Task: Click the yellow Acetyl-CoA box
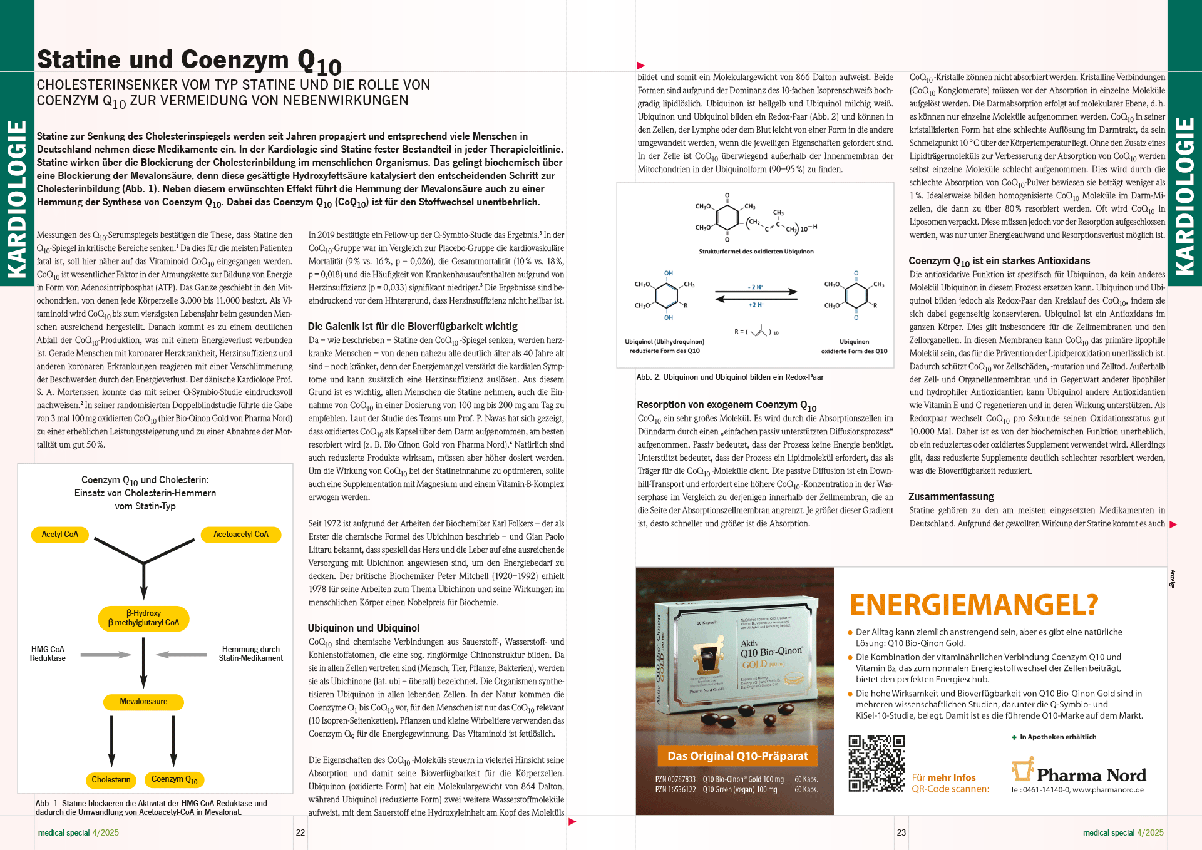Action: coord(60,534)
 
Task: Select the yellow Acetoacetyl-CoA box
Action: coord(240,534)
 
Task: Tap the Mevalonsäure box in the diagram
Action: coord(143,702)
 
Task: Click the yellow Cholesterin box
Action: coord(111,779)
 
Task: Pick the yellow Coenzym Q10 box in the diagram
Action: coord(175,779)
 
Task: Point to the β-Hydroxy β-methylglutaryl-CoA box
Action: coord(143,618)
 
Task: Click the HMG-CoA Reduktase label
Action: coord(48,653)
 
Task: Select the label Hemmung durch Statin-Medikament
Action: coord(250,653)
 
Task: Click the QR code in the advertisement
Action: coord(876,764)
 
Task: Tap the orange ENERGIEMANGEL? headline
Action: coord(973,605)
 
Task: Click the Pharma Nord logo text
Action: coord(1091,775)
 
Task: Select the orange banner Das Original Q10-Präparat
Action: coord(737,756)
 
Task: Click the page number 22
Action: coord(300,832)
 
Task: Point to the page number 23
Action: coord(901,832)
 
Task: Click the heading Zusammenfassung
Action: coord(951,496)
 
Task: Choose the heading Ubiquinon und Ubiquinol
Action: coord(363,628)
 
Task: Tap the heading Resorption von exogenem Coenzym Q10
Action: coord(726,405)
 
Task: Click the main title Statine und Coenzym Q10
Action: coord(189,61)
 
